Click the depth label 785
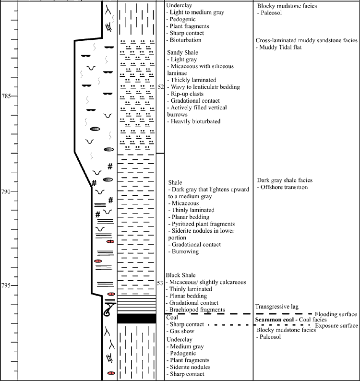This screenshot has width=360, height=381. [x=6, y=96]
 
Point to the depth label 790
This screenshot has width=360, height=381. [x=6, y=191]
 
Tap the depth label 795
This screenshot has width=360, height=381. [x=6, y=285]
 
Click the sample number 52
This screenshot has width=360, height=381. [x=160, y=87]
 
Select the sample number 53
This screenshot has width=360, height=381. [x=160, y=283]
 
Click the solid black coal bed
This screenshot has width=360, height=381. [x=137, y=319]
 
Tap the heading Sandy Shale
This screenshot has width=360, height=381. [x=182, y=52]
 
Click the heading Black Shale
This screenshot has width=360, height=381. [x=180, y=275]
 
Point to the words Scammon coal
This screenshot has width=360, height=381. [x=275, y=320]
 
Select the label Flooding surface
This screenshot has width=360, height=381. [x=336, y=314]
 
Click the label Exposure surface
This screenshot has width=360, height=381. [x=336, y=326]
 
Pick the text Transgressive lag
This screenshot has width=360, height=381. [x=277, y=307]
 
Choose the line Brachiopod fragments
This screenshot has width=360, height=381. [x=195, y=310]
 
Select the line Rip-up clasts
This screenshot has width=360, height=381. [x=185, y=94]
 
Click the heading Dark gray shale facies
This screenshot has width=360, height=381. [x=285, y=180]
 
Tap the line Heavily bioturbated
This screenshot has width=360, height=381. [x=194, y=121]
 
